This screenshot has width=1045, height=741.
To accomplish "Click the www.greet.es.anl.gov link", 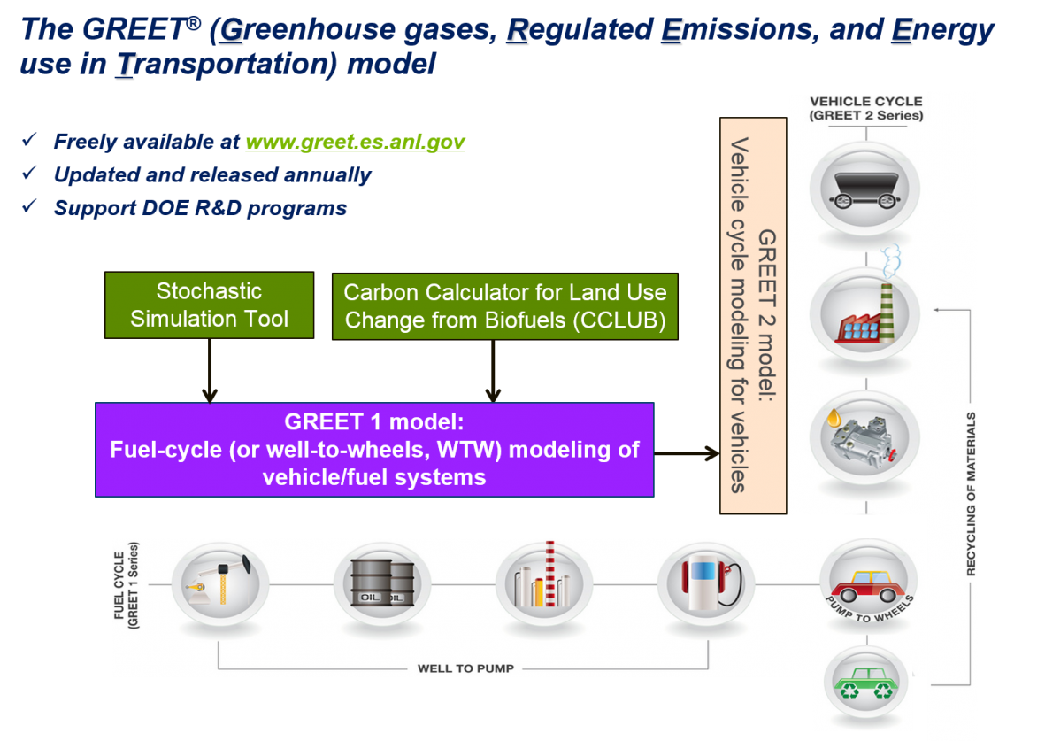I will (355, 142).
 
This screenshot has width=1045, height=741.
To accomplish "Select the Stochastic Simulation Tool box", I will (209, 305).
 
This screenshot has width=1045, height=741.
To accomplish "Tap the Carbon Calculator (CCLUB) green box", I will (504, 305).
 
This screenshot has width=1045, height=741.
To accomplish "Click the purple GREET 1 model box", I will (374, 450).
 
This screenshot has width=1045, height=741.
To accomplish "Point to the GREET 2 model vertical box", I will (753, 315).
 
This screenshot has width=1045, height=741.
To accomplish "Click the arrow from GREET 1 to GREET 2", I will (687, 454).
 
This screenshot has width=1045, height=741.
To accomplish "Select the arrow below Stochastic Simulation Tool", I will (210, 370).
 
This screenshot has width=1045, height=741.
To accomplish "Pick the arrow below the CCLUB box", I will (494, 370).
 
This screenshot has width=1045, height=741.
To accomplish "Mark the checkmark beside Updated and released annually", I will (29, 174).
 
